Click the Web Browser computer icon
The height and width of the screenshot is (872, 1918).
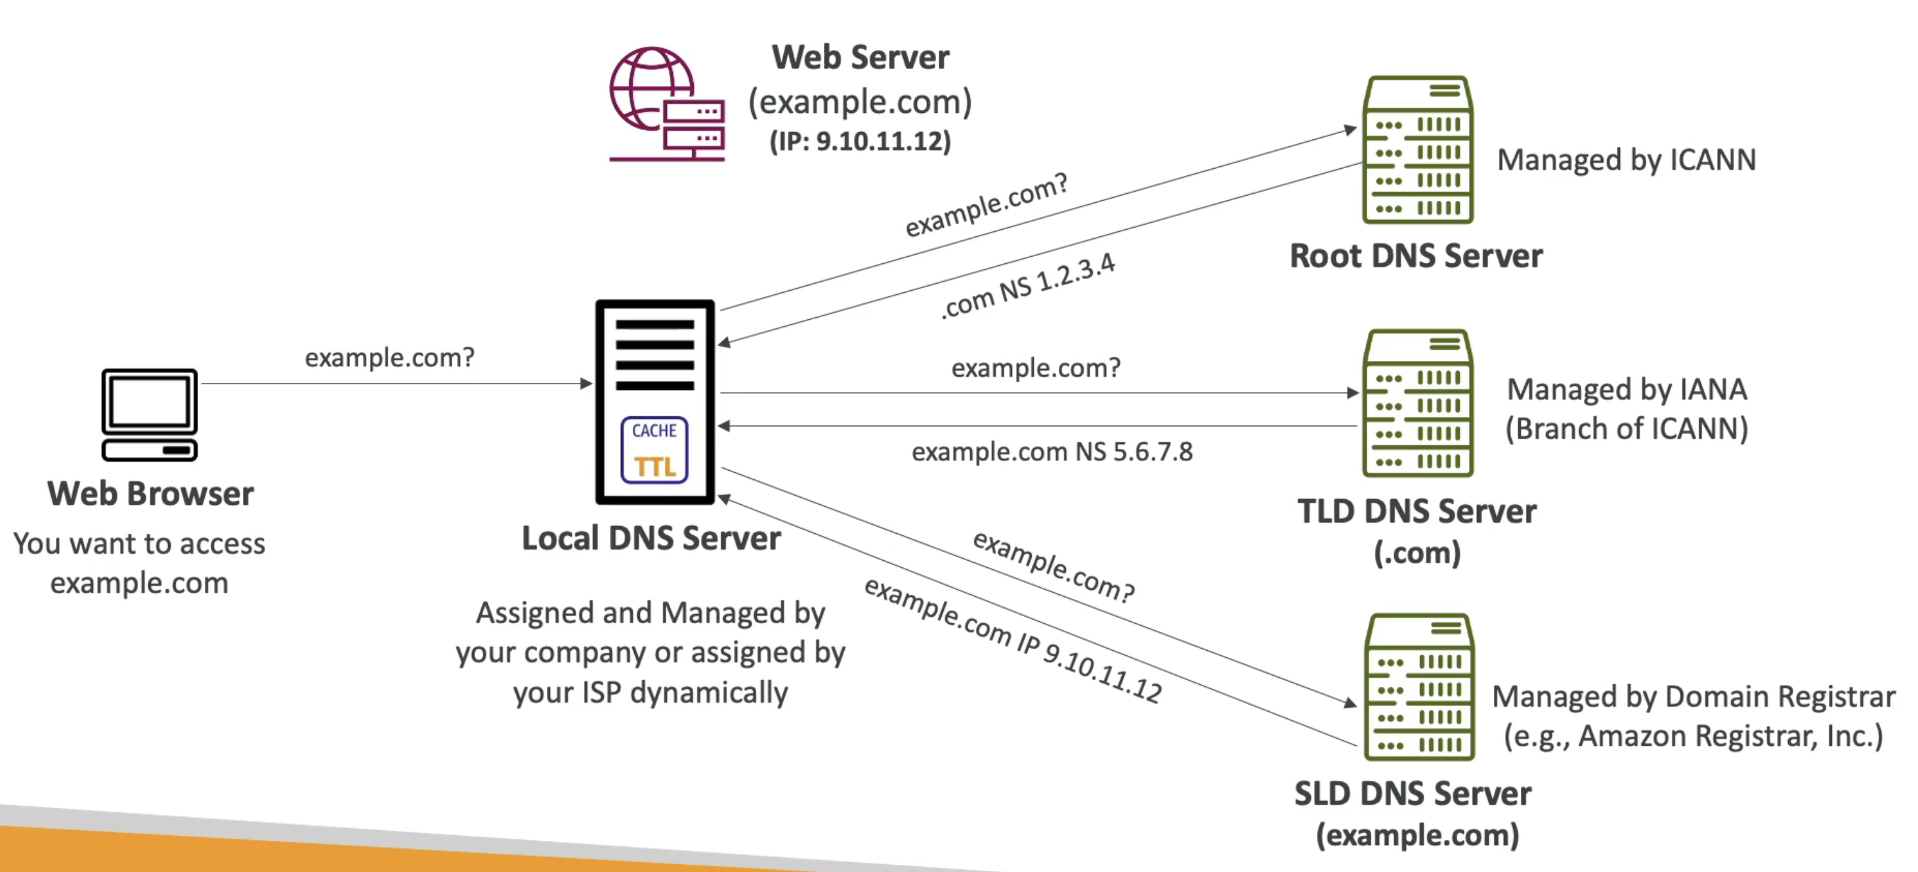pos(150,414)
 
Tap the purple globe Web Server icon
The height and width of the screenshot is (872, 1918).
pos(665,104)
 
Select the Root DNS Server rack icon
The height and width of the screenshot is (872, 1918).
pos(1418,150)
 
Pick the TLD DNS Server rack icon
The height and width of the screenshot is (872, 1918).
pos(1418,403)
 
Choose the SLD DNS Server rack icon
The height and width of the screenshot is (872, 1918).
pos(1419,687)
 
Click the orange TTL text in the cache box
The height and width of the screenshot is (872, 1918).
pos(654,467)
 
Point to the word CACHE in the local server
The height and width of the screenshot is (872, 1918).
pos(654,430)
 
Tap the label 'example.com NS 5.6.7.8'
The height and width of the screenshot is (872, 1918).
pos(1052,451)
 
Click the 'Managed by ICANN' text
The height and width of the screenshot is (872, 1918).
pos(1626,160)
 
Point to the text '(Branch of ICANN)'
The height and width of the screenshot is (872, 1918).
pos(1627,429)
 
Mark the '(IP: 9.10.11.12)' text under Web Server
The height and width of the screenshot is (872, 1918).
pos(860,141)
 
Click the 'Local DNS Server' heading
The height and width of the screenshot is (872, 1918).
pos(650,538)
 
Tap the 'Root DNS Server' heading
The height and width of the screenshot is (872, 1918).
pos(1416,255)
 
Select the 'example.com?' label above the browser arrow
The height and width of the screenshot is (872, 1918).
pos(389,357)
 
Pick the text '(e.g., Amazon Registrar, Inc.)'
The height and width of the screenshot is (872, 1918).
pos(1693,735)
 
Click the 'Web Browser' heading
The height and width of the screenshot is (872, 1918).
pos(150,493)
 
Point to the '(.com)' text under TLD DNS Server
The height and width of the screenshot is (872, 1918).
pos(1417,552)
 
